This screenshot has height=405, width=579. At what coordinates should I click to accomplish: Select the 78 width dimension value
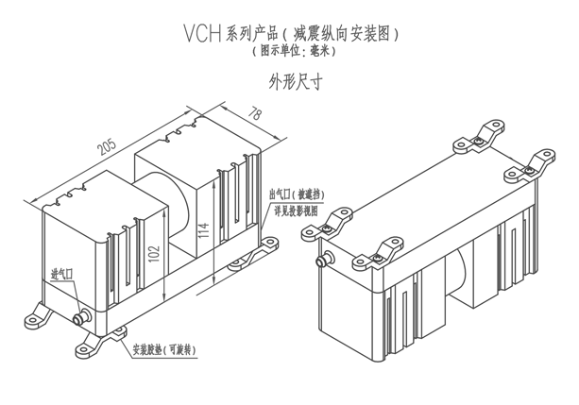tap(254, 115)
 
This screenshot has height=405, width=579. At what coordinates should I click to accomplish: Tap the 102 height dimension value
tap(152, 253)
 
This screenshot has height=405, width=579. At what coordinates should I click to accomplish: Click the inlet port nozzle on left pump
tap(80, 316)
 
